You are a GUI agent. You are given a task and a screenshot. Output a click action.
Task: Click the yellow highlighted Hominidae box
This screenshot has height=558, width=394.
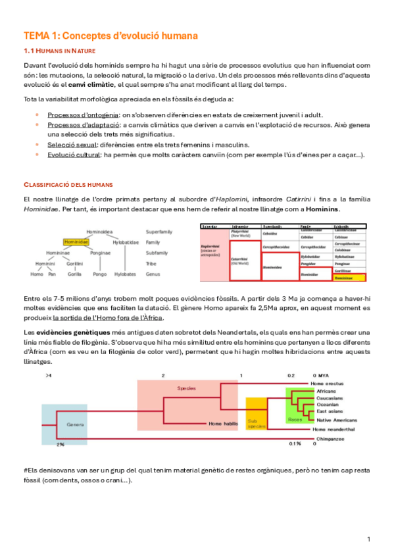[x=76, y=241]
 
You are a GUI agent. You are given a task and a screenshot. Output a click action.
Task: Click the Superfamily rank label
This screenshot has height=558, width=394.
[x=159, y=232]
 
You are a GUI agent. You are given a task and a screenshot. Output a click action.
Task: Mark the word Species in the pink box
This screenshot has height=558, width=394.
[x=187, y=388]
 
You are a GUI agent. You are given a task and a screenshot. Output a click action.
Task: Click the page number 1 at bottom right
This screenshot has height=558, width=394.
[x=369, y=540]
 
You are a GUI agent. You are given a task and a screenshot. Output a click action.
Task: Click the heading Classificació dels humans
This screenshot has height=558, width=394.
[x=68, y=184]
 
